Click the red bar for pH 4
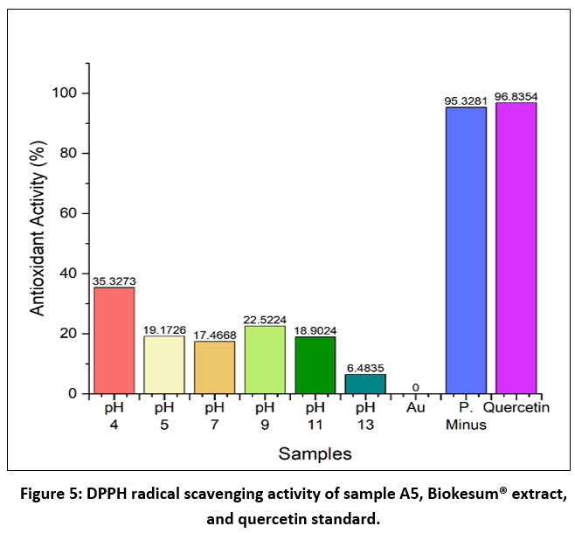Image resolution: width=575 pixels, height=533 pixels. pyautogui.click(x=114, y=341)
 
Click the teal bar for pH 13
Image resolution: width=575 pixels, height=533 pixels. pyautogui.click(x=364, y=384)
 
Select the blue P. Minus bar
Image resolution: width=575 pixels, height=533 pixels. pyautogui.click(x=466, y=251)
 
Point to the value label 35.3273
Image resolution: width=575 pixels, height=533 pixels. pyautogui.click(x=114, y=281)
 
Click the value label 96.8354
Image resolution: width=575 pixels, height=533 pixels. pyautogui.click(x=516, y=96)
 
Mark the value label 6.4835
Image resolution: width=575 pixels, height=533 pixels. pyautogui.click(x=364, y=368)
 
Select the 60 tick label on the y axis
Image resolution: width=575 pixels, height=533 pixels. pyautogui.click(x=70, y=213)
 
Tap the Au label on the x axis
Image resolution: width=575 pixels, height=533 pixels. pyautogui.click(x=415, y=407)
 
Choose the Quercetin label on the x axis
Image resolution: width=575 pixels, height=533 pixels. pyautogui.click(x=516, y=407)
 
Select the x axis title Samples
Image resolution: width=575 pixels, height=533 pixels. pyautogui.click(x=315, y=453)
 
